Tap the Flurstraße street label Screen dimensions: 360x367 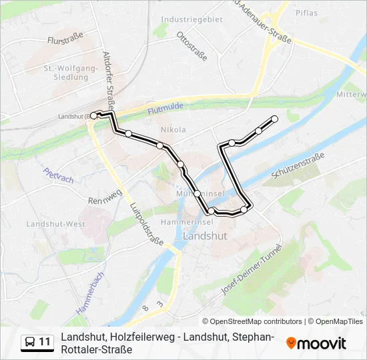[65, 41]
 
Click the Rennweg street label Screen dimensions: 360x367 [103, 199]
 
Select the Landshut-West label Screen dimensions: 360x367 [55, 224]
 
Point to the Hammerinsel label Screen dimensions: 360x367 [192, 221]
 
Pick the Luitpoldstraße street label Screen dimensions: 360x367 [147, 224]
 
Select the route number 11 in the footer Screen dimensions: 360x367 [45, 342]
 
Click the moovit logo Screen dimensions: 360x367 [316, 343]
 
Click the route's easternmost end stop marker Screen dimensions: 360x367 [274, 119]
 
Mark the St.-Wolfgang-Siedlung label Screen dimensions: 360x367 [66, 73]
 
